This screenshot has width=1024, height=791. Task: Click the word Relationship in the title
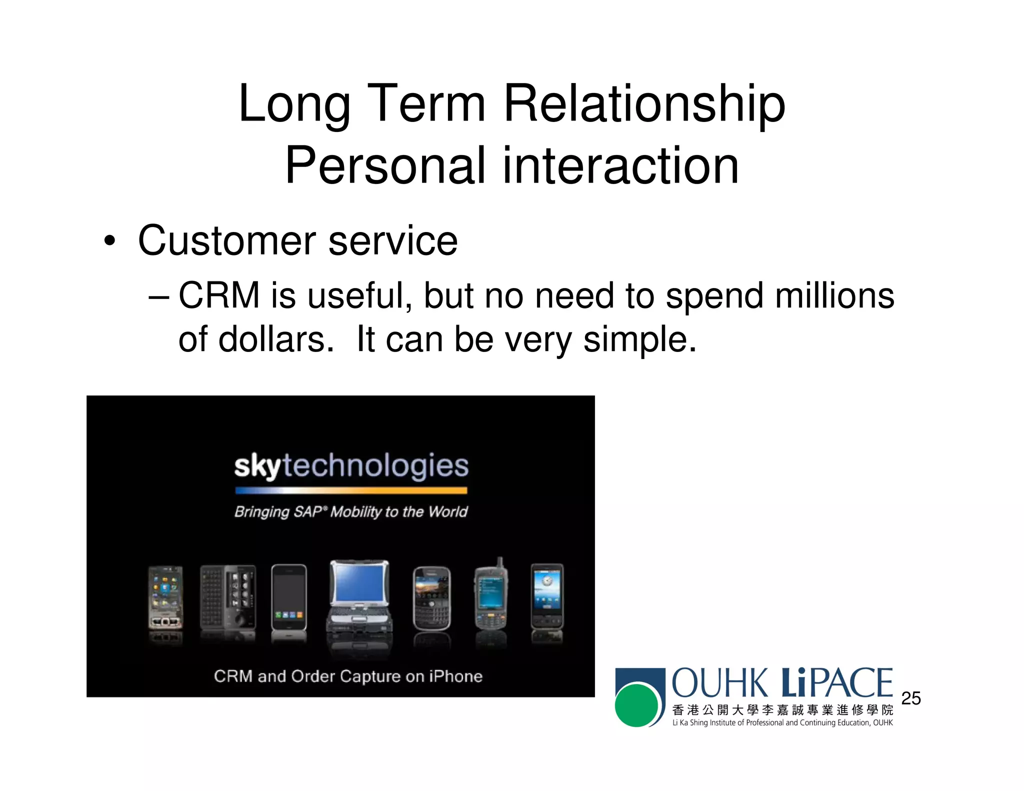[x=644, y=104]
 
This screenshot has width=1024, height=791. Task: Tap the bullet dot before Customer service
[x=109, y=241]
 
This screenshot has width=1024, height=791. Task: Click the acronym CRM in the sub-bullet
[x=219, y=295]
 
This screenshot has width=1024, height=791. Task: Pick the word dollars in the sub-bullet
[x=276, y=339]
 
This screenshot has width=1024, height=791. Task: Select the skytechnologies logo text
[x=351, y=466]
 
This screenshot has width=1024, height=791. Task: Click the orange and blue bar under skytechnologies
[x=351, y=490]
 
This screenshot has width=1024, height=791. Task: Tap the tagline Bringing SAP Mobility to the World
[x=351, y=512]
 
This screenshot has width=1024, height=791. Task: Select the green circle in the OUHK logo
[x=636, y=705]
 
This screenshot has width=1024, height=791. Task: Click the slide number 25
[x=910, y=698]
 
